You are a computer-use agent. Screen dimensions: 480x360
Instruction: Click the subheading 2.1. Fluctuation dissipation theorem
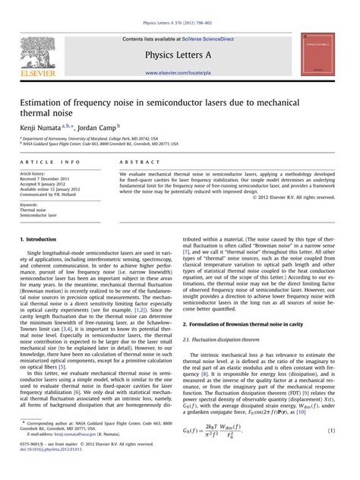point(228,339)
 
